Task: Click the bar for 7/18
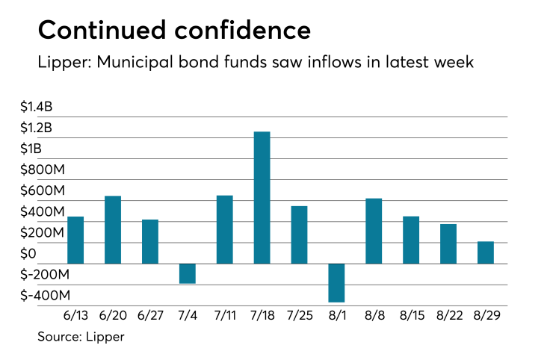point(262,198)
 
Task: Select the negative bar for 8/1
point(336,282)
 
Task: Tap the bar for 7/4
point(187,273)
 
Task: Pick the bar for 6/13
point(75,240)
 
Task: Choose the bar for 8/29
point(486,252)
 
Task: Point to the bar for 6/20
point(113,229)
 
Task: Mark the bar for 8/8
point(374,231)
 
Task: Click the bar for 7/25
point(299,235)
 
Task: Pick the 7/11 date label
point(224,316)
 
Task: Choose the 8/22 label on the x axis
point(448,316)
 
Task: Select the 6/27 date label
point(149,316)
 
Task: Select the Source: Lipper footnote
point(81,337)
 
